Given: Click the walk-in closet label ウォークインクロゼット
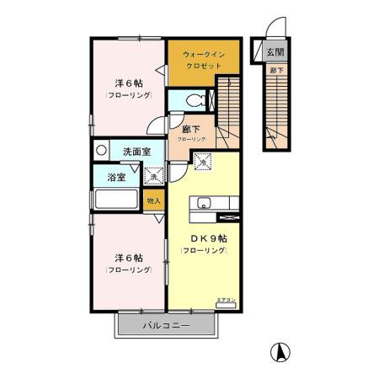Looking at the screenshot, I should click(203, 58).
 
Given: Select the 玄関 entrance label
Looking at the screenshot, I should click(275, 53).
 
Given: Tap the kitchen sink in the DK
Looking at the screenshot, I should click(205, 203).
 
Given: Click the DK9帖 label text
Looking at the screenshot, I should click(203, 238).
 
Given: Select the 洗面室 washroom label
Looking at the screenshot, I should click(136, 152).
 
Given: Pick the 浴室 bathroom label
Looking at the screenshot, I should click(117, 178).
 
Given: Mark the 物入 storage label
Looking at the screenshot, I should click(152, 201).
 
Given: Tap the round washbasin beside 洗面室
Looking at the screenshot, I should click(102, 152).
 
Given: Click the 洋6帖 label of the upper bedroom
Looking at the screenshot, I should click(128, 83).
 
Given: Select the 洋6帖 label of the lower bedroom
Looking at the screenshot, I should click(128, 258).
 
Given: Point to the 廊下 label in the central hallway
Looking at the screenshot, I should click(191, 130).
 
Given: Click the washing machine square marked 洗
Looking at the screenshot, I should click(152, 176).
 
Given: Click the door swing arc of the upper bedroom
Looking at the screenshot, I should click(157, 128).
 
